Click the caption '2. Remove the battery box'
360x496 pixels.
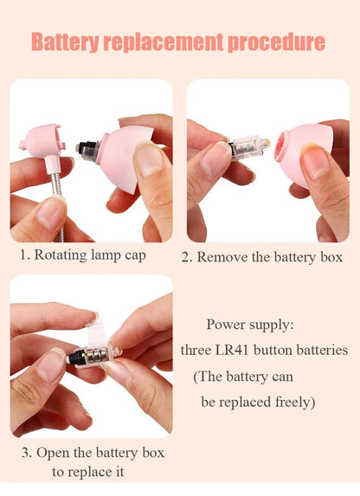(x=261, y=257)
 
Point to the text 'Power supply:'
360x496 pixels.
(x=250, y=325)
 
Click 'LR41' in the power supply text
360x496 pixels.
(x=237, y=351)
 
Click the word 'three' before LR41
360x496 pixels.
(x=199, y=351)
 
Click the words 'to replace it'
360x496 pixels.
(x=87, y=472)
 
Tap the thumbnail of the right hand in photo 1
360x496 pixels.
(x=149, y=160)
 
